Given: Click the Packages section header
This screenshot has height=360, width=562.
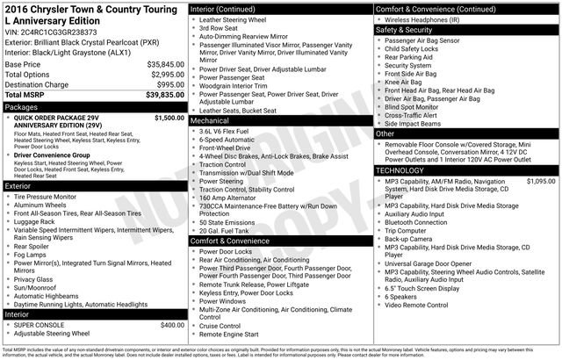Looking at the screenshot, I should [x=22, y=106].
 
